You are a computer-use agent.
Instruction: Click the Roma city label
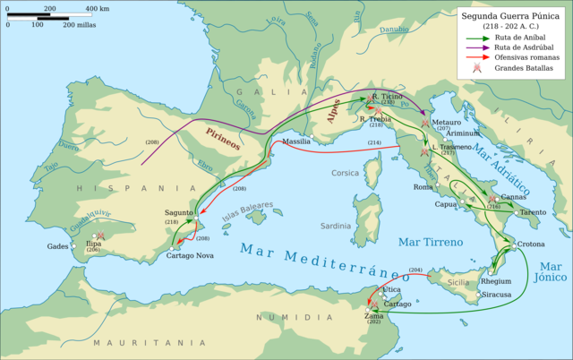(423, 187)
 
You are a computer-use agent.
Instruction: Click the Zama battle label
(374, 313)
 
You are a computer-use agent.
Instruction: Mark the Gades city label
(57, 245)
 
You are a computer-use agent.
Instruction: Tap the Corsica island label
(345, 173)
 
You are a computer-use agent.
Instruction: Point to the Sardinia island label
(336, 226)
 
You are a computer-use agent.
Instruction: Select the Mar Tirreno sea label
(431, 242)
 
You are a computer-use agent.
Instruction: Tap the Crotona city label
(530, 244)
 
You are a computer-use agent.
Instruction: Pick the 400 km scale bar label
(98, 7)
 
